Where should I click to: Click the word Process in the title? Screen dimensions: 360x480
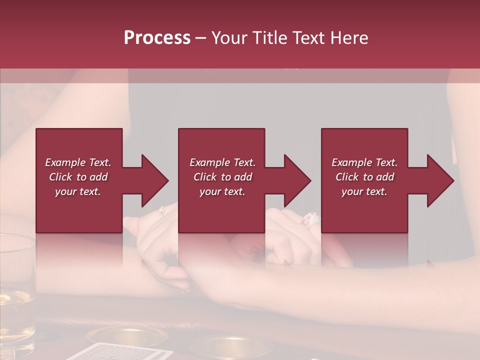[157, 38]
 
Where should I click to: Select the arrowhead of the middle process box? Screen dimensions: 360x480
[297, 180]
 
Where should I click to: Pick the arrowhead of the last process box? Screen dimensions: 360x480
[440, 180]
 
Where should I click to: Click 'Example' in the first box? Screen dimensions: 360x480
[65, 162]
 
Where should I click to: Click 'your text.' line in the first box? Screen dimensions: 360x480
[78, 191]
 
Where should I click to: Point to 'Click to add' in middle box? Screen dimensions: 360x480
[222, 177]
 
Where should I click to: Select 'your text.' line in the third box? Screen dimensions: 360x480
[364, 191]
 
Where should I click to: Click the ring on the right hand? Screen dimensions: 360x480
[309, 219]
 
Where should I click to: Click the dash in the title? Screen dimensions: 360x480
[200, 38]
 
